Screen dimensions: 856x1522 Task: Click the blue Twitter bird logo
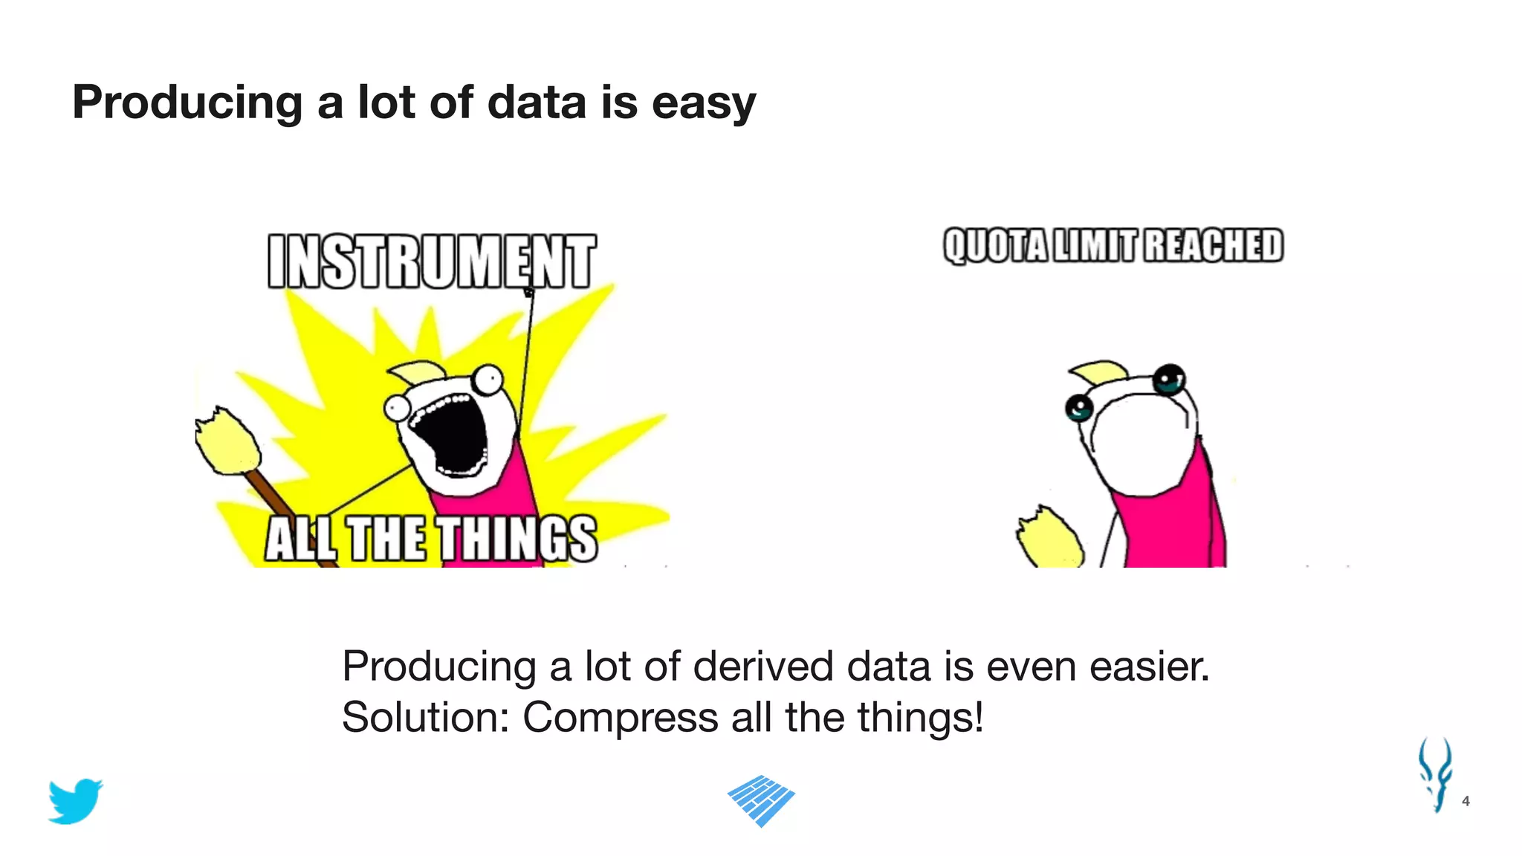pyautogui.click(x=75, y=801)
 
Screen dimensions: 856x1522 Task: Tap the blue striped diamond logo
pyautogui.click(x=761, y=800)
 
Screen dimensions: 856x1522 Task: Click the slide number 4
pyautogui.click(x=1466, y=801)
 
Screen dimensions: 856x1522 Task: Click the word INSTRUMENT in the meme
pyautogui.click(x=431, y=262)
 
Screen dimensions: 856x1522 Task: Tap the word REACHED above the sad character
pyautogui.click(x=1213, y=246)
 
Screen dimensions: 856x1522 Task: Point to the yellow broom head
pyautogui.click(x=226, y=443)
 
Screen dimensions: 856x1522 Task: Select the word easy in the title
pyautogui.click(x=703, y=103)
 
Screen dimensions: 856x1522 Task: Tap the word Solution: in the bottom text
pyautogui.click(x=425, y=718)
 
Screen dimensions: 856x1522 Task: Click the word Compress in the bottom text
pyautogui.click(x=621, y=718)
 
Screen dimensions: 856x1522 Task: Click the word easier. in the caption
pyautogui.click(x=1149, y=667)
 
